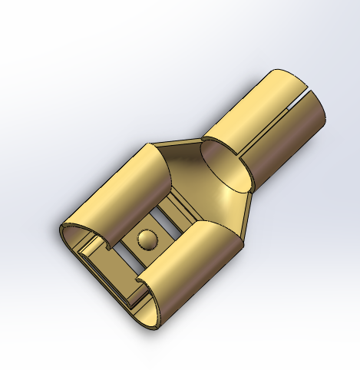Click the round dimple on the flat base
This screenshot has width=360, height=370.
tap(146, 240)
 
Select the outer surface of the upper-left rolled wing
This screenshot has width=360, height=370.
tap(115, 192)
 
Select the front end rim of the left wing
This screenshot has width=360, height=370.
tap(69, 230)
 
